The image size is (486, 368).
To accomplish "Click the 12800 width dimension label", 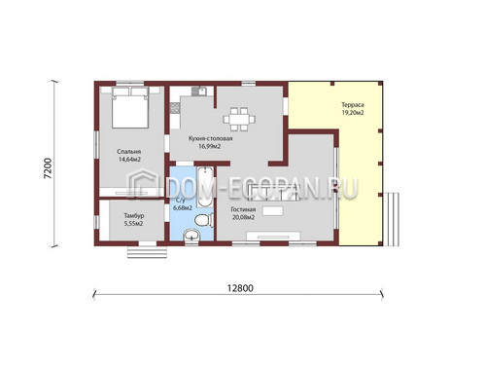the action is (240, 288).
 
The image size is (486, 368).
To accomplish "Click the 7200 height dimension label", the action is (48, 168).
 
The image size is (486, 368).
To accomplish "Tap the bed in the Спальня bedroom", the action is (130, 107).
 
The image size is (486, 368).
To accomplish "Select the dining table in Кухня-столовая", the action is (239, 120).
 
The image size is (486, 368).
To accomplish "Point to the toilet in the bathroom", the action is (204, 220).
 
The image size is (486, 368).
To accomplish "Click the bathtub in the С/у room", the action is (205, 187).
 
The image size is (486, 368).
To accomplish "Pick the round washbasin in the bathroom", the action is (191, 235).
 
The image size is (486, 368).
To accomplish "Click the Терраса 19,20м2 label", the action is (353, 109).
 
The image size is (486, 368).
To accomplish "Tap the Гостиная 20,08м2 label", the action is (243, 213).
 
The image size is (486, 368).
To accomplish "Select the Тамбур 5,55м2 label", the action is (134, 220).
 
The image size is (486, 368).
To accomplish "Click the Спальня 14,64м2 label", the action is (129, 156).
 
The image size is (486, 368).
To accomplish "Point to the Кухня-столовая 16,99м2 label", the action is (210, 142).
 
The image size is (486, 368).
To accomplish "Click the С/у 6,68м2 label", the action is (182, 204).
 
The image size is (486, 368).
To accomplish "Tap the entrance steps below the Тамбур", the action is (147, 252).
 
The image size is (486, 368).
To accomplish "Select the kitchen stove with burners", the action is (175, 108).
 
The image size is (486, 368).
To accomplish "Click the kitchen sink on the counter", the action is (199, 92).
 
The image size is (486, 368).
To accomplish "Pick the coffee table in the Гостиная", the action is (273, 210).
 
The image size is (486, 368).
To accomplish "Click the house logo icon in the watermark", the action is (143, 184).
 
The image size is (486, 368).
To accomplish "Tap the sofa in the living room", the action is (273, 192).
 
